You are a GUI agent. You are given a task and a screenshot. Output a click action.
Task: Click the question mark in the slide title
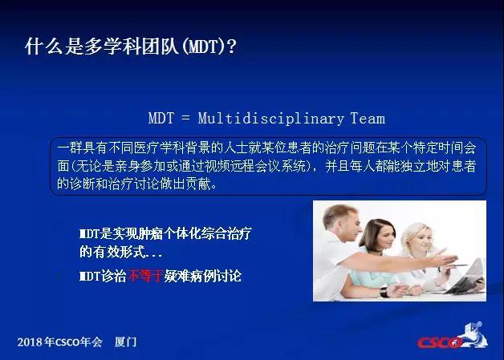click(x=231, y=47)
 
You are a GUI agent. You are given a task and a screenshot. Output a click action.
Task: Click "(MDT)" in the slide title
click(x=203, y=47)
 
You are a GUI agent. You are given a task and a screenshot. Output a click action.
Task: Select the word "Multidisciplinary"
click(x=271, y=119)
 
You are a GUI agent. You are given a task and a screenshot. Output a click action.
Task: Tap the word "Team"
click(x=368, y=118)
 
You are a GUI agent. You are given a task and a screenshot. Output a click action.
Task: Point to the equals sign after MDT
click(x=185, y=118)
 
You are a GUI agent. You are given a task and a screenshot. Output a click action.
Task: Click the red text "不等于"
click(x=144, y=276)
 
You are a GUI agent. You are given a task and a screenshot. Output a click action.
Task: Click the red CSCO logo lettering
click(x=440, y=342)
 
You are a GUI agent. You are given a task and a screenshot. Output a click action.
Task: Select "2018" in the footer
click(x=30, y=342)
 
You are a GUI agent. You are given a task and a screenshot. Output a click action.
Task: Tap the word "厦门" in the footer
click(x=125, y=342)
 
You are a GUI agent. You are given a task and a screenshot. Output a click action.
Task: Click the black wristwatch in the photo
click(x=384, y=292)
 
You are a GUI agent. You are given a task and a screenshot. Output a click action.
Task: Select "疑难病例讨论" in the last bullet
click(x=202, y=276)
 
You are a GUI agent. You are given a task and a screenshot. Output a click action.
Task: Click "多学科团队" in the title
click(x=131, y=47)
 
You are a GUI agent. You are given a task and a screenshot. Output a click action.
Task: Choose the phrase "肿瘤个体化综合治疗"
click(x=195, y=233)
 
